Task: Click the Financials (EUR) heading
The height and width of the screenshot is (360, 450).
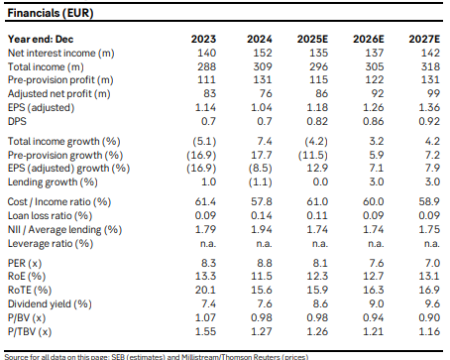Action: [x=51, y=13]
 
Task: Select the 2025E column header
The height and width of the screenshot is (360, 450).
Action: [x=312, y=39]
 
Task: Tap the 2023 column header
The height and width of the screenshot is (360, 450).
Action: [x=203, y=39]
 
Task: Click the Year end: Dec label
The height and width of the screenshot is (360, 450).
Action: [x=41, y=39]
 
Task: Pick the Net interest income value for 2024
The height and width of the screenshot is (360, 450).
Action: [x=263, y=53]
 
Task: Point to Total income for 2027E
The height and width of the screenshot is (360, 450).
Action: [x=430, y=66]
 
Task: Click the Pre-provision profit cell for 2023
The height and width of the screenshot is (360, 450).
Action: [x=206, y=80]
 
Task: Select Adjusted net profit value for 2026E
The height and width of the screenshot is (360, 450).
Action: [x=377, y=94]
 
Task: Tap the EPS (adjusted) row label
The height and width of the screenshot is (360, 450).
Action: [x=41, y=108]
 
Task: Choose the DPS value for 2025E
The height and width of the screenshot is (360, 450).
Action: [x=317, y=122]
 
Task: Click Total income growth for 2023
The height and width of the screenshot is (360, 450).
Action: [x=204, y=142]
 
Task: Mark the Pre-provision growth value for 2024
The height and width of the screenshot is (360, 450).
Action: [x=262, y=155]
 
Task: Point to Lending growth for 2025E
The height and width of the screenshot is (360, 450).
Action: [x=320, y=181]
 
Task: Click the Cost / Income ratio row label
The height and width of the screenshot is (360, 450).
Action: [x=59, y=202]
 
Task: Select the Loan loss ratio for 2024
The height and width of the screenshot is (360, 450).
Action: [x=262, y=215]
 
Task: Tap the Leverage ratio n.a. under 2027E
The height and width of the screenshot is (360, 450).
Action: [x=431, y=244]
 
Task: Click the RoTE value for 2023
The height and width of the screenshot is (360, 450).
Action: [x=205, y=290]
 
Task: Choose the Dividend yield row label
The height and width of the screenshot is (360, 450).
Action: [x=50, y=304]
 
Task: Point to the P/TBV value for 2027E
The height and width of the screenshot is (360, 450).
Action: [x=429, y=331]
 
